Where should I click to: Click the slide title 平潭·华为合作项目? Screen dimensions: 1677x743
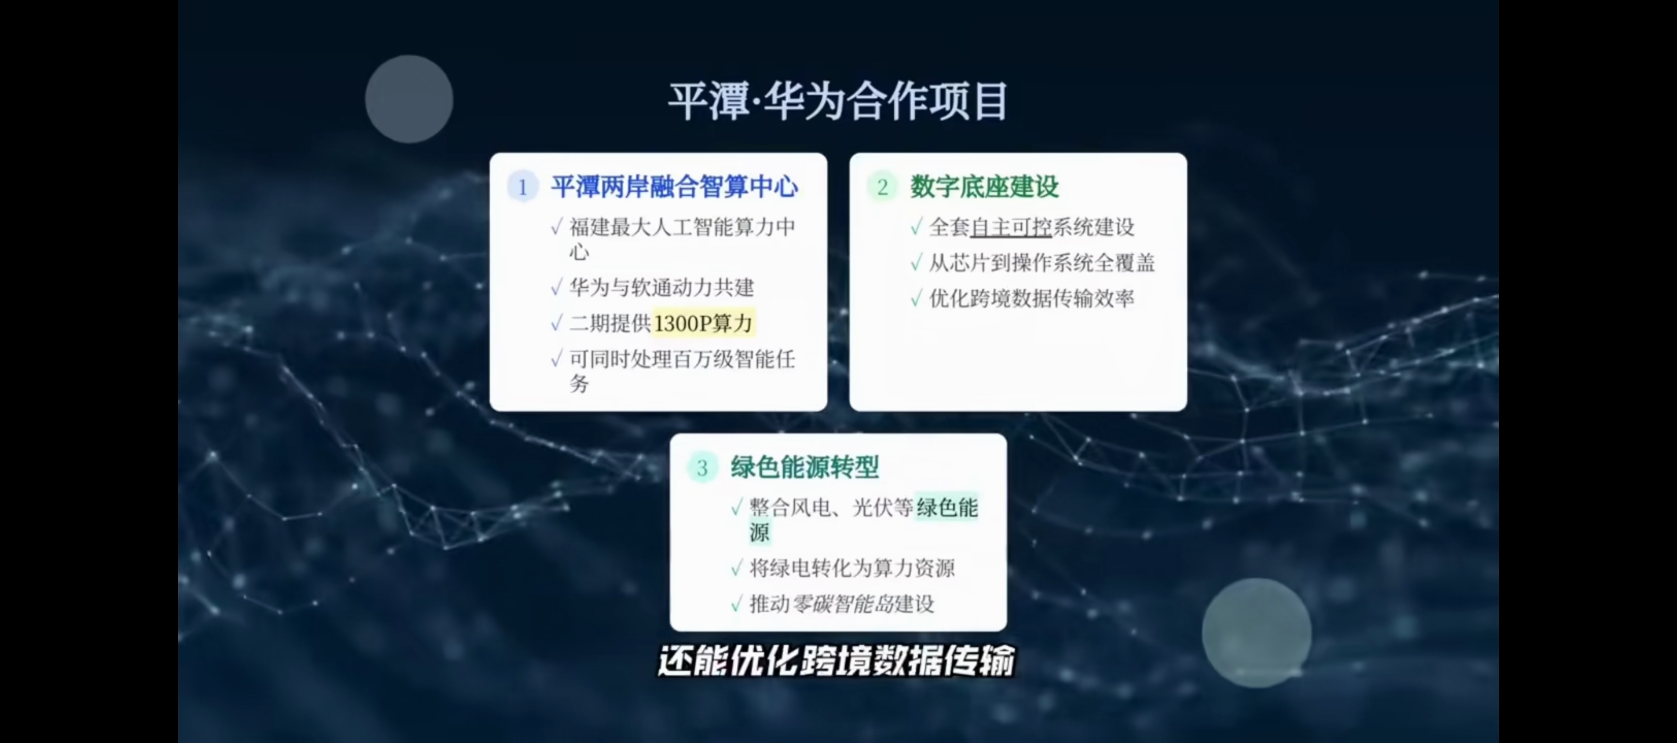838,101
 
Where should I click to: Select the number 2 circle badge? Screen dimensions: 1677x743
882,187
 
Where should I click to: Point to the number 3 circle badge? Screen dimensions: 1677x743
702,468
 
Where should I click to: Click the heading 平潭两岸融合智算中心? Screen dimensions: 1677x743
675,187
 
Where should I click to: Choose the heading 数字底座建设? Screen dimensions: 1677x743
984,187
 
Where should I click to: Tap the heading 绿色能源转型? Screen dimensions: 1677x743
805,467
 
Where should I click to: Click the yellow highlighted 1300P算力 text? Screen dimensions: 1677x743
703,323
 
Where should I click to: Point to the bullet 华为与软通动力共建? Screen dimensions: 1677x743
662,287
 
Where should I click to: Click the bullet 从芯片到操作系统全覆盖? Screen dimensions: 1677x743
1041,263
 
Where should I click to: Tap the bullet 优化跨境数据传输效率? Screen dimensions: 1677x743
1031,298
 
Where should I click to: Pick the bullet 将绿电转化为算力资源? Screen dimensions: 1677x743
852,568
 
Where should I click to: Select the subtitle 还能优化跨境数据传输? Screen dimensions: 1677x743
837,661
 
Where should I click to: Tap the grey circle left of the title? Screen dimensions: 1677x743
409,99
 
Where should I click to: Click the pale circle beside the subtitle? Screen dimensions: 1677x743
1257,633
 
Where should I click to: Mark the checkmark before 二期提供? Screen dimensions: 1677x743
557,323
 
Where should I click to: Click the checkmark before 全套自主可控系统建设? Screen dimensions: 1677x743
916,226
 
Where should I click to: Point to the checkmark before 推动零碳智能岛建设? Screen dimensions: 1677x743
737,604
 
